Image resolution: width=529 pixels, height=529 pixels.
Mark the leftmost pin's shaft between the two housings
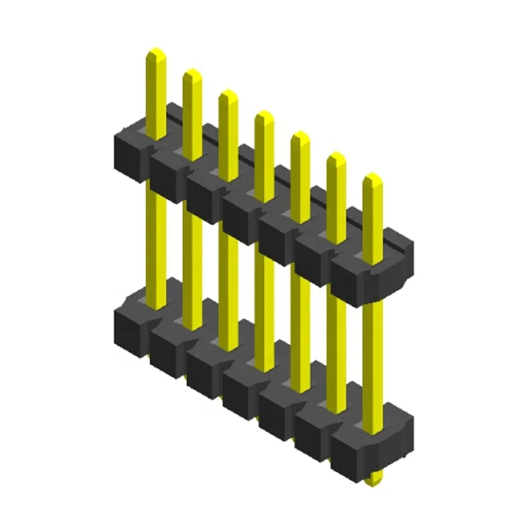pos(156,233)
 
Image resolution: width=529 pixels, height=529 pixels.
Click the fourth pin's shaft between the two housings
pos(264,296)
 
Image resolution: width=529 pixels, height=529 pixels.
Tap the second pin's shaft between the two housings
pos(192,254)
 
